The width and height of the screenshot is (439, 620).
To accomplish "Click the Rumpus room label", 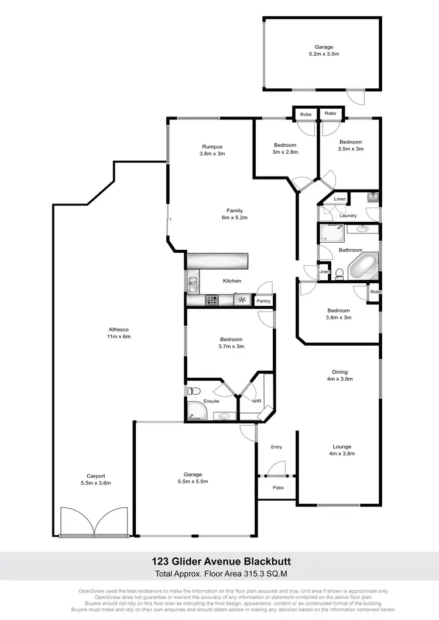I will tap(212, 147).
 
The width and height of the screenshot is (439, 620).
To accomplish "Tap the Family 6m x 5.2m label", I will tap(235, 211).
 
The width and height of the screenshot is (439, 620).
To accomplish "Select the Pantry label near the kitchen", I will tap(264, 301).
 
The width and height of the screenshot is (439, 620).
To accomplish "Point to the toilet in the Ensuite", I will tap(194, 391).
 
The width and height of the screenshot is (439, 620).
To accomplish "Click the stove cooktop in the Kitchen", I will tap(212, 300).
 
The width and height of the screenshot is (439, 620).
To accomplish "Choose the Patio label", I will tap(277, 487).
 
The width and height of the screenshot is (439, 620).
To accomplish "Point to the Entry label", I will tap(276, 447).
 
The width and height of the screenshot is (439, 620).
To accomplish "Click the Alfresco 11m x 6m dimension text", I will tap(118, 336).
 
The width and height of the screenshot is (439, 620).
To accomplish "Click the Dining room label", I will tap(339, 372).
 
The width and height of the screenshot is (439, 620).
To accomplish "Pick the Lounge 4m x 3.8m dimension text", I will tap(342, 453).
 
